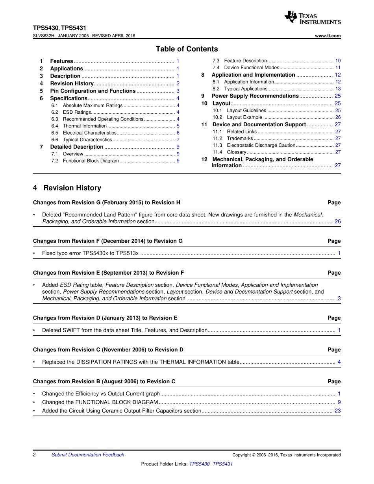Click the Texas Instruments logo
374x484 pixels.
click(312, 17)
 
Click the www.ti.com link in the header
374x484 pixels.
click(328, 36)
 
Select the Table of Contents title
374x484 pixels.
click(187, 49)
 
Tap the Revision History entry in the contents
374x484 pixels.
click(72, 83)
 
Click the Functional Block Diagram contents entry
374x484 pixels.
click(91, 161)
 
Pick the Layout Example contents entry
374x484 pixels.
click(244, 117)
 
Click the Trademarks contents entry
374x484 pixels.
click(240, 139)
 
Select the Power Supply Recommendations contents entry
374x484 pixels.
click(255, 96)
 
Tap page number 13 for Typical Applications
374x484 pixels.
click(338, 89)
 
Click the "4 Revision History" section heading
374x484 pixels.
click(67, 188)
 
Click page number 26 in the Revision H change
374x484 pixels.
click(338, 222)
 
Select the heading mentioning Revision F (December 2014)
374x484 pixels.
click(107, 241)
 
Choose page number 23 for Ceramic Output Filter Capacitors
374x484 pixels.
click(338, 411)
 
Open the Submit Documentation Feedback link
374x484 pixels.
click(87, 455)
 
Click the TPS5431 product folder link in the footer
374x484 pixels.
click(222, 464)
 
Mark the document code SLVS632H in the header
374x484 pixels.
click(45, 36)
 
